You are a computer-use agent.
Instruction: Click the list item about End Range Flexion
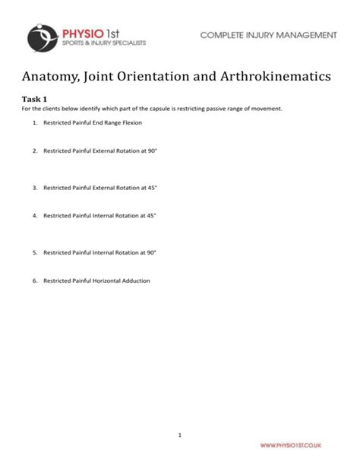(x=92, y=122)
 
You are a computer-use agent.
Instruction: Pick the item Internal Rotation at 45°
(x=99, y=216)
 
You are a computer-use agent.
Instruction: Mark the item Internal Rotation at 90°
(x=99, y=252)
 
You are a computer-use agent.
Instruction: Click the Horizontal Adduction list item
(x=96, y=281)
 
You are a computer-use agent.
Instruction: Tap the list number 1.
(x=34, y=122)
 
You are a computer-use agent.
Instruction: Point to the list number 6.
(x=34, y=281)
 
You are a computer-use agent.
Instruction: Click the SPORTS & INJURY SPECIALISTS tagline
(x=103, y=43)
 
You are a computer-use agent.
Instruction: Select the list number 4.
(x=34, y=216)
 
